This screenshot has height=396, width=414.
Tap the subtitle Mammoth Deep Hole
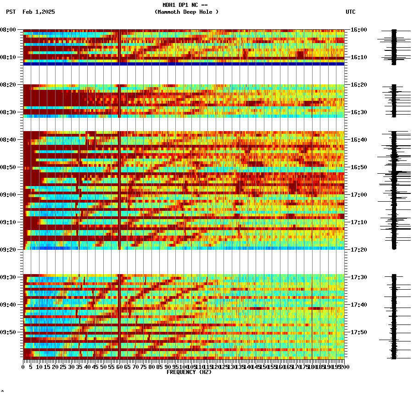pyautogui.click(x=186, y=12)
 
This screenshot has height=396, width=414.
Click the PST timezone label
pyautogui.click(x=11, y=12)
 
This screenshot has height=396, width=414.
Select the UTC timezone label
pyautogui.click(x=350, y=12)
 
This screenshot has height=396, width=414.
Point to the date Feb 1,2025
pyautogui.click(x=39, y=12)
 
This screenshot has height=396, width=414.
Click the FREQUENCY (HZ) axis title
pyautogui.click(x=189, y=372)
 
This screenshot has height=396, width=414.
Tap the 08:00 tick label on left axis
pyautogui.click(x=8, y=30)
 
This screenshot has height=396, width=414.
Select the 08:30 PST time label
pyautogui.click(x=8, y=112)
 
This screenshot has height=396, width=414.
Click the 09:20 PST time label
pyautogui.click(x=8, y=250)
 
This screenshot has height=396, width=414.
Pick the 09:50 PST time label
pyautogui.click(x=8, y=332)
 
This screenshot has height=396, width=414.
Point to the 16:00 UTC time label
pyautogui.click(x=358, y=30)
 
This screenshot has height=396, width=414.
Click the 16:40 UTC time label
pyautogui.click(x=358, y=140)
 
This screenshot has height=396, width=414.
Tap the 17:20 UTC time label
pyautogui.click(x=358, y=250)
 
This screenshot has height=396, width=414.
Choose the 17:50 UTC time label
pyautogui.click(x=358, y=332)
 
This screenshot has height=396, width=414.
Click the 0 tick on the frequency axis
pyautogui.click(x=23, y=367)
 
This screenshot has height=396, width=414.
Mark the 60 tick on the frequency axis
pyautogui.click(x=119, y=367)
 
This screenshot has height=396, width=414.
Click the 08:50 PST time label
pyautogui.click(x=8, y=167)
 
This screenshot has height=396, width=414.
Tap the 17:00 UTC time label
pyautogui.click(x=358, y=195)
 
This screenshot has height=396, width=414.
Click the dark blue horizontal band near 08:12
pyautogui.click(x=184, y=64)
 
